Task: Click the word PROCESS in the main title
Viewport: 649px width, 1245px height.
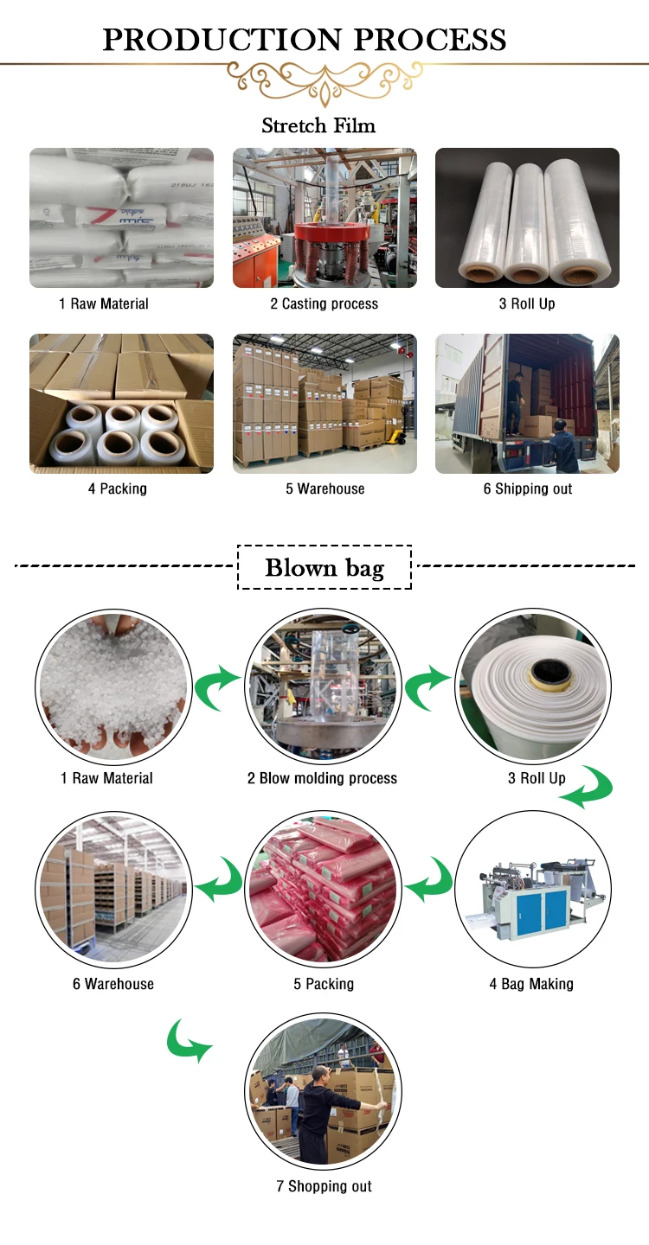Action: pos(430,40)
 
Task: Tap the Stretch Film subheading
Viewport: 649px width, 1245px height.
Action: pos(318,126)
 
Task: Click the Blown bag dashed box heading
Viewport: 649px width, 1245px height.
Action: pos(324,568)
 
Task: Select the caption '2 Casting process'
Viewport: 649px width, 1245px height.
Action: pos(324,303)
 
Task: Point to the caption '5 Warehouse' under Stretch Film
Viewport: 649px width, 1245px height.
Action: pos(324,488)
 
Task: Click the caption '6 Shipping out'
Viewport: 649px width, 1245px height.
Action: pos(527,488)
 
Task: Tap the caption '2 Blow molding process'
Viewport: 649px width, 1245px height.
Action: pos(322,778)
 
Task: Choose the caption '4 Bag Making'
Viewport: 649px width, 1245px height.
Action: pos(531,984)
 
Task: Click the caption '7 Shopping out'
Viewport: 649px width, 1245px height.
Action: pos(324,1186)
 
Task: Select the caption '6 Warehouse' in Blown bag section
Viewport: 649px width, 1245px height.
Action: pos(113,984)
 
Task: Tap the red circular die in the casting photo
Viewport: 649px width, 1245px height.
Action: pos(324,233)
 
